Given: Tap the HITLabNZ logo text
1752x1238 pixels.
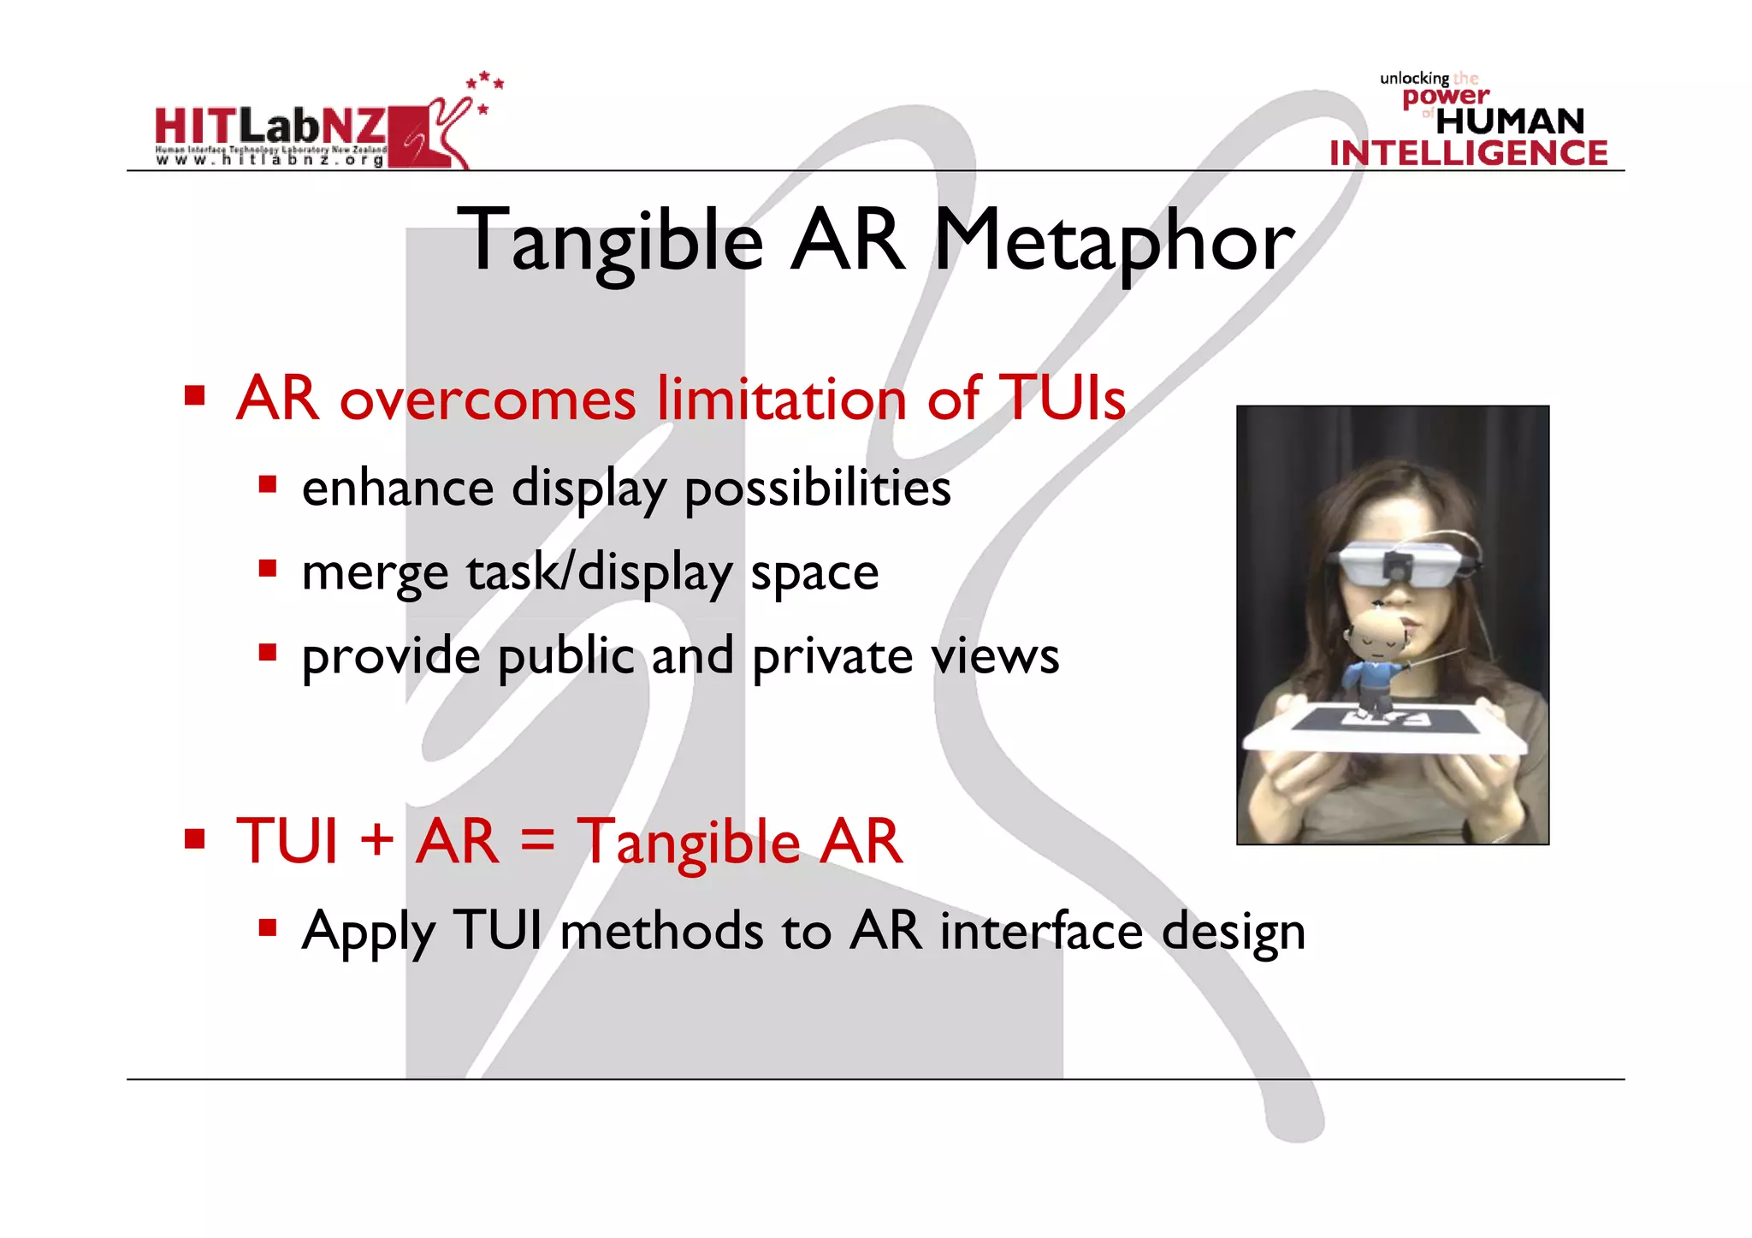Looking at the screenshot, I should [270, 127].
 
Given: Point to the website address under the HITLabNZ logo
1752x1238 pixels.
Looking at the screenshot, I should [270, 160].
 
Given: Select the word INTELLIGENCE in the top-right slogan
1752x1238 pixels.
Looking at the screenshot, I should [1468, 153].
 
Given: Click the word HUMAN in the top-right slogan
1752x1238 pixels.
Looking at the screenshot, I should [1510, 121].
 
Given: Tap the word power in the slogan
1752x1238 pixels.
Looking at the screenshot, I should [1446, 97].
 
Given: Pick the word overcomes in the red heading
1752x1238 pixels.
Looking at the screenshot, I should [488, 400].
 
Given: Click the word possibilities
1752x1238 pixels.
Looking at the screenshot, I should [818, 489].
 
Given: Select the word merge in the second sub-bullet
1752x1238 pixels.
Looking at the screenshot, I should [375, 573].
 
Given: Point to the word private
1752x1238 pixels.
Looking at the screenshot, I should [832, 658].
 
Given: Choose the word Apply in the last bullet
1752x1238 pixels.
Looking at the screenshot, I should [369, 932].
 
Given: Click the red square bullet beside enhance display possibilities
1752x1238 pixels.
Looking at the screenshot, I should [268, 485].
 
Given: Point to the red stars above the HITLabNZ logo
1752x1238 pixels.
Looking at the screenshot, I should [485, 88].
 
